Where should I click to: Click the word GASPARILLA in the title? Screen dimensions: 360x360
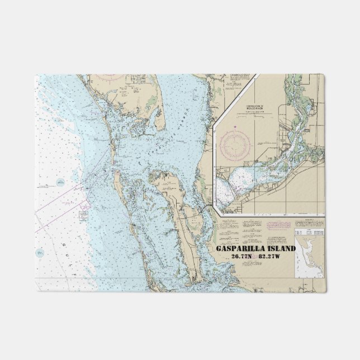(x=242, y=249)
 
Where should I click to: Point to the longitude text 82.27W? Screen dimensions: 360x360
(x=271, y=257)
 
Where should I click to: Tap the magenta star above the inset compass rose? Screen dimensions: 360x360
(x=235, y=127)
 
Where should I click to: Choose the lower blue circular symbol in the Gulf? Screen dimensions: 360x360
(x=39, y=253)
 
